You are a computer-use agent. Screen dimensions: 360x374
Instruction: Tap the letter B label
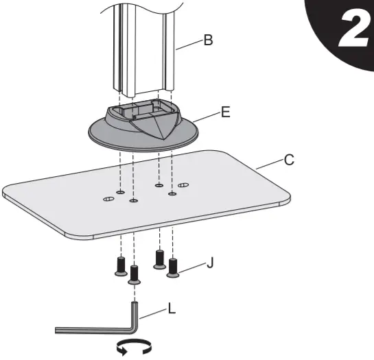point(208,40)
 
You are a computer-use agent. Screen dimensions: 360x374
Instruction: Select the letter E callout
point(225,108)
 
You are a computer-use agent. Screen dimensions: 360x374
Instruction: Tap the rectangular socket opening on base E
point(140,109)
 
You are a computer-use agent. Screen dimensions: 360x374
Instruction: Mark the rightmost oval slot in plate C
point(183,184)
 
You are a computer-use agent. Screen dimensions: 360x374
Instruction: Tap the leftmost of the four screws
point(120,266)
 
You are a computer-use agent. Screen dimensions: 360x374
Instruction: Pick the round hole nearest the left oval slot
point(120,193)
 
